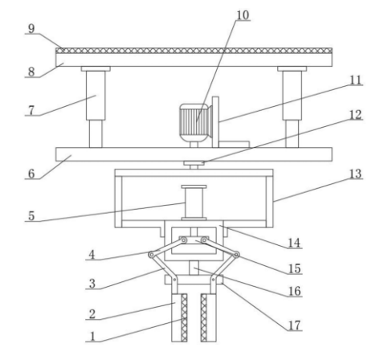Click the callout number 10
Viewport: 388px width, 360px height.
243,15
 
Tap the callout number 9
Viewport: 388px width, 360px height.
31,29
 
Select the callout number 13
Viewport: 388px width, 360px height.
356,174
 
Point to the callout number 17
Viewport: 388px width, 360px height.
294,325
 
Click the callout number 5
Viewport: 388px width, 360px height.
31,216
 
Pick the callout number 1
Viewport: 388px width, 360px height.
92,337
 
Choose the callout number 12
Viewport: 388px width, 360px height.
356,115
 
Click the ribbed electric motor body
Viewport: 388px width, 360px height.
194,123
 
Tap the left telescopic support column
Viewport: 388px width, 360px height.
96,107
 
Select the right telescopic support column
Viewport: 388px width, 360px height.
292,107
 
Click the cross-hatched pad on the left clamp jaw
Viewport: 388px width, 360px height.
184,317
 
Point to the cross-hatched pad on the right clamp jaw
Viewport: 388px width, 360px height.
204,317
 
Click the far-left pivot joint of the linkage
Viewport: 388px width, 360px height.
152,255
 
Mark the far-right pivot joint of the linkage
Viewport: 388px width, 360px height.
236,255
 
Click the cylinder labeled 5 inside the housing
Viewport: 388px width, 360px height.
194,202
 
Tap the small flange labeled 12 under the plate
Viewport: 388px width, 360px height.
194,163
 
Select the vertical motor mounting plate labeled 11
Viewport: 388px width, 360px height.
215,122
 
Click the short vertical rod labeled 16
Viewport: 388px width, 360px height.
194,268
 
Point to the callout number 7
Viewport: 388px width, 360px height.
31,110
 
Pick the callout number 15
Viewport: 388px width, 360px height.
294,268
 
